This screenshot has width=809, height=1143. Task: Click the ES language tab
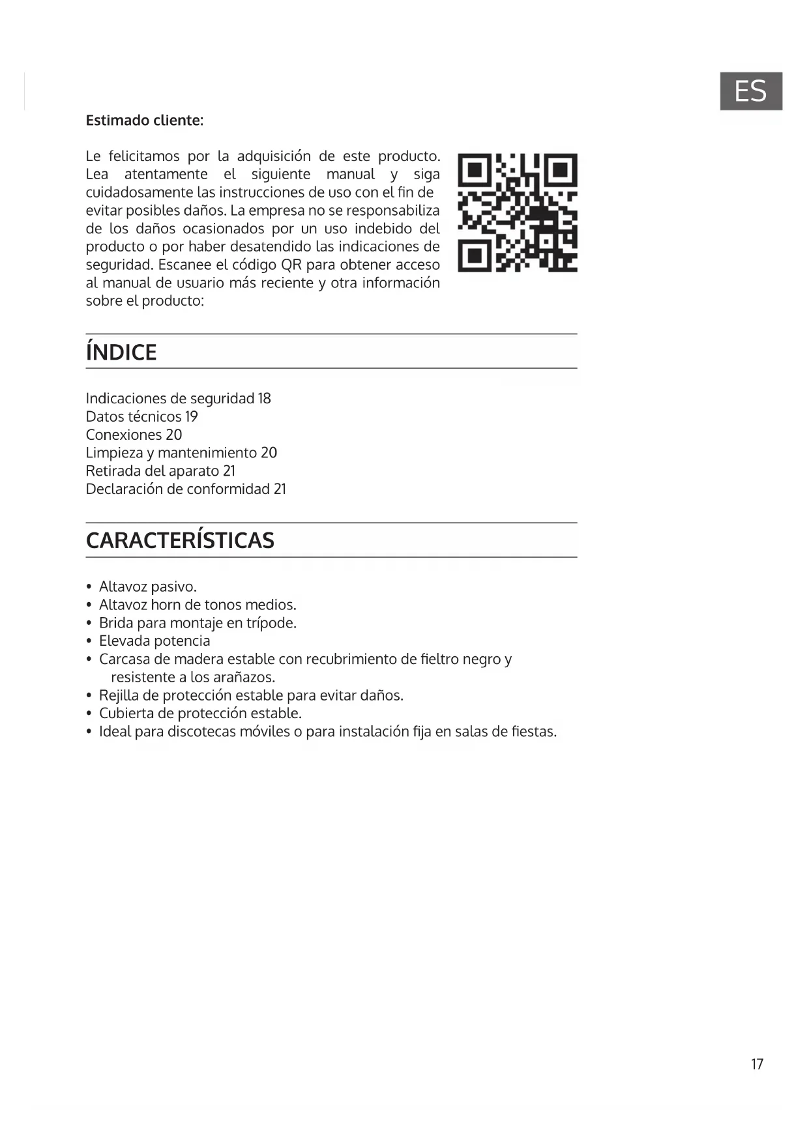point(750,91)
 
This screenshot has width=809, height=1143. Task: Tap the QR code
point(517,212)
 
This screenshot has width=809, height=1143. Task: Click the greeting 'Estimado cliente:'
point(145,121)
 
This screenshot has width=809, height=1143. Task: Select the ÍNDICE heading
point(121,353)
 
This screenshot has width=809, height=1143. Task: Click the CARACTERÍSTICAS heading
point(180,540)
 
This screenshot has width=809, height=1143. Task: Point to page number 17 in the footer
point(757,1064)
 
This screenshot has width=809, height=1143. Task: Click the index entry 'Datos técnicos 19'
point(141,416)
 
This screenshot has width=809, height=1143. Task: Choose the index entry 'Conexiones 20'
point(134,435)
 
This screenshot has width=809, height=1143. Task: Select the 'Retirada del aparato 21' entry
point(160,470)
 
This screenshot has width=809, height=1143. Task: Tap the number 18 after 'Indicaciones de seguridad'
point(264,398)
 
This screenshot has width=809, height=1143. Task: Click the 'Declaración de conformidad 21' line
point(186,489)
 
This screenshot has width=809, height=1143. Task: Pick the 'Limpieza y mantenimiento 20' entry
point(181,452)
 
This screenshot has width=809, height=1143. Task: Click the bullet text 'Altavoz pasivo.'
point(148,586)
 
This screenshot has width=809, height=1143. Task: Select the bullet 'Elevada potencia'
point(154,641)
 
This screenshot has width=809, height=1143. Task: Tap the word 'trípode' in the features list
point(270,623)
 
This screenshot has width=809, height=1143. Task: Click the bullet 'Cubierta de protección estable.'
point(200,713)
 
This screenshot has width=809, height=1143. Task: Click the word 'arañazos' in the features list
point(246,677)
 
